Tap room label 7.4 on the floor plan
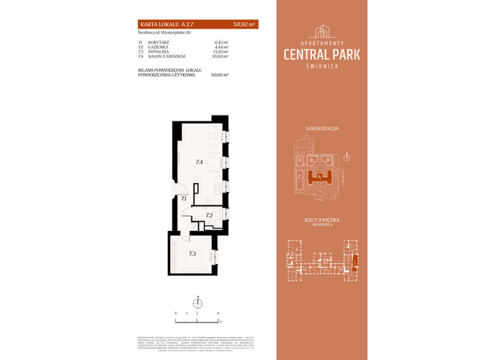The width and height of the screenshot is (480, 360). coord(199,162)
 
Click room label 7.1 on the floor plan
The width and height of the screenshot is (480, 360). coord(183,196)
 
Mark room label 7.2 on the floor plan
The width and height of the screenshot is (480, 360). coord(209,215)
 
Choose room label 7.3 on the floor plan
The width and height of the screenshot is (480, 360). coord(192,253)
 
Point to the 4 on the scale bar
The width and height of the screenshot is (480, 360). coord(217,311)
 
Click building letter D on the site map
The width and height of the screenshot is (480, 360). coord(299,160)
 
